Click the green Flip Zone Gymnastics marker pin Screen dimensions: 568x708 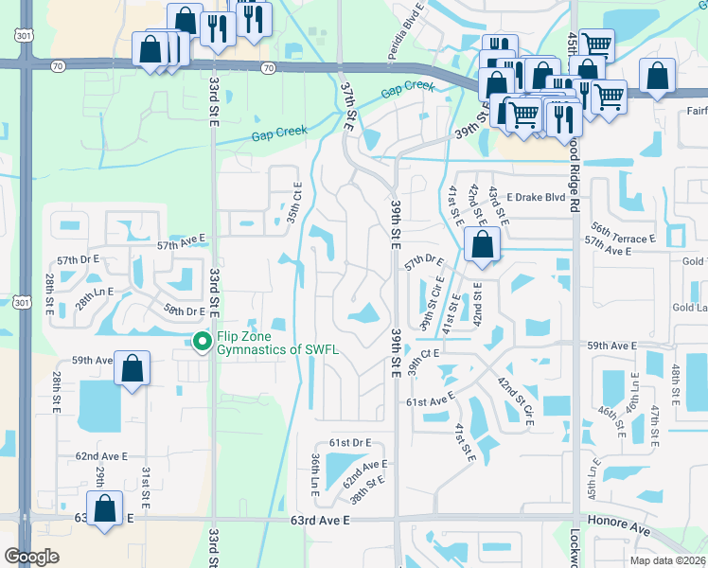click(x=201, y=341)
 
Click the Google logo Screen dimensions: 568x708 click(x=32, y=557)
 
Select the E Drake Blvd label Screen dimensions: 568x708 click(x=535, y=198)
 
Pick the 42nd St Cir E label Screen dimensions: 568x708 click(x=517, y=399)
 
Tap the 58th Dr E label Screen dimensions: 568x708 click(x=185, y=311)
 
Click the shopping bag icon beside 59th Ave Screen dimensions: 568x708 click(x=133, y=367)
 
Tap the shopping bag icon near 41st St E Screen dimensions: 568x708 click(x=483, y=244)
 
